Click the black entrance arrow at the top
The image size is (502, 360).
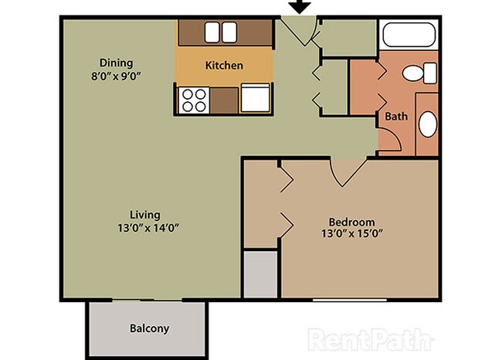coord(300,7)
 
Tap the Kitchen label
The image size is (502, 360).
coord(224,66)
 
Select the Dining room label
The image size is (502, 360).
coord(116,63)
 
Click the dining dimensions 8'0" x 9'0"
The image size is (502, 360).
coord(116,76)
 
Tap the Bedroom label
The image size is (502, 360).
coord(351,219)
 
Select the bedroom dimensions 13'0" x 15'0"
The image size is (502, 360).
coord(351,233)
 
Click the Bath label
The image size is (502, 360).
coord(396,117)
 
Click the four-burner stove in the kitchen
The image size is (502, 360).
coord(194,100)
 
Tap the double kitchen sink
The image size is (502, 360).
coord(221,31)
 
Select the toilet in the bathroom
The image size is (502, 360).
coord(416,75)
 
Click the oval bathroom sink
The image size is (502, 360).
coord(427,124)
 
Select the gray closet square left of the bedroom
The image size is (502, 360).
coord(260,274)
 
